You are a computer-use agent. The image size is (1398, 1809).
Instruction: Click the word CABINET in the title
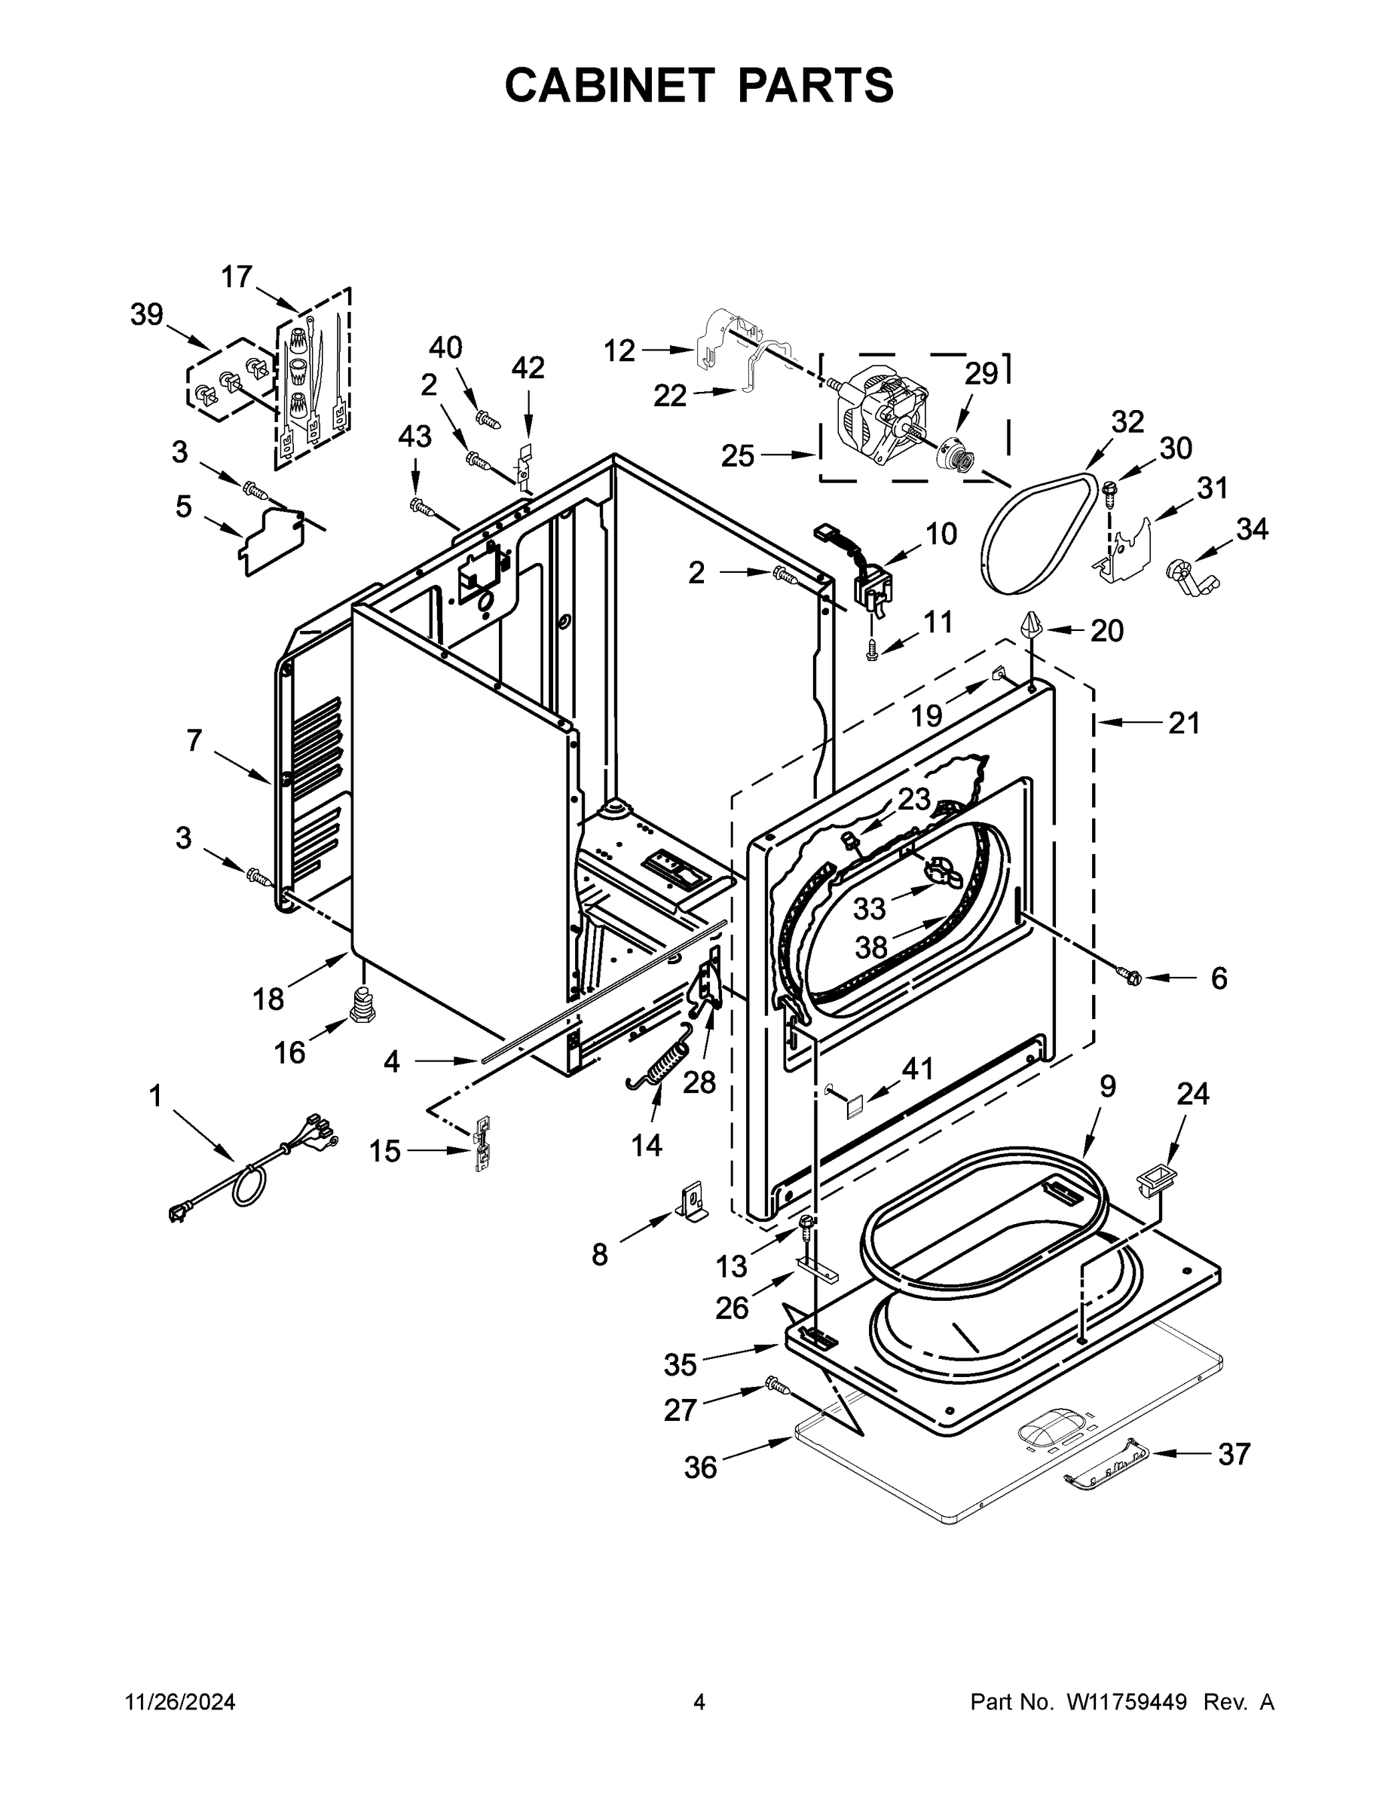click(x=609, y=85)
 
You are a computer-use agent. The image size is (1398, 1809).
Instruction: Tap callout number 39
click(x=147, y=315)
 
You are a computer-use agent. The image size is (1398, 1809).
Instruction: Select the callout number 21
click(x=1183, y=723)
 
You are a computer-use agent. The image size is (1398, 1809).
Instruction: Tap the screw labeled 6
click(x=1130, y=978)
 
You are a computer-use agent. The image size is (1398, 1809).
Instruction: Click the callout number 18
click(x=268, y=999)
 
